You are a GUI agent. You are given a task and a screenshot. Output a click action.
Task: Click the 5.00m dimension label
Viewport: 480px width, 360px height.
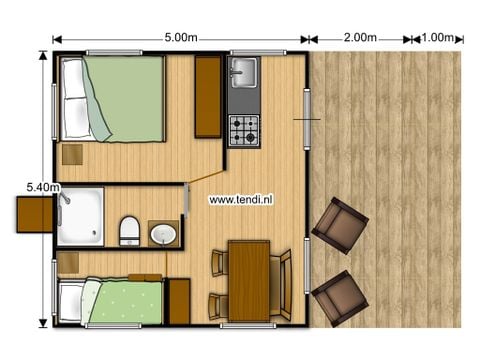180,38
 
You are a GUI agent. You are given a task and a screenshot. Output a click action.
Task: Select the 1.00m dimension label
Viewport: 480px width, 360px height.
437,38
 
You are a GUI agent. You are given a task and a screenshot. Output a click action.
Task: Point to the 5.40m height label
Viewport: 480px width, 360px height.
43,186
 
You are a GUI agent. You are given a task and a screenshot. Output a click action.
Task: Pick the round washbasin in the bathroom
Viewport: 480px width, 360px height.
163,235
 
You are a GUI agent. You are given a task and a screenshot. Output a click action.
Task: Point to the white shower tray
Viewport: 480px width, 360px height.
81,216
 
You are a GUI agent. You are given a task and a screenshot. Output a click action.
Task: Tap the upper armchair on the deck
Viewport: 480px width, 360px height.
340,225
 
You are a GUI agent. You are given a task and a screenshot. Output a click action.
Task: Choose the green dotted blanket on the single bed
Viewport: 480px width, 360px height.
126,301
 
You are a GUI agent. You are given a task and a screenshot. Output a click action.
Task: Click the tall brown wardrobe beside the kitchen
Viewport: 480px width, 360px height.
208,97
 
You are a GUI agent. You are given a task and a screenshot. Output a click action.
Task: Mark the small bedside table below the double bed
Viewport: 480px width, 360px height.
73,153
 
